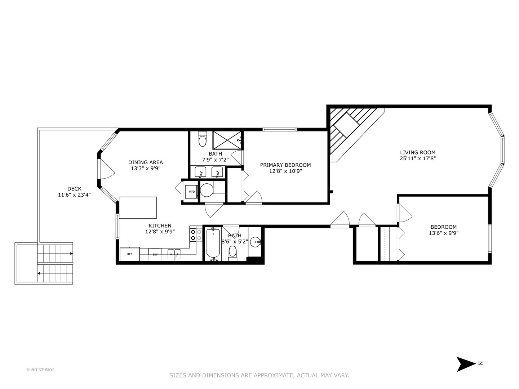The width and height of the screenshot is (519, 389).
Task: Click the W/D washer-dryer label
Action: tap(192, 192)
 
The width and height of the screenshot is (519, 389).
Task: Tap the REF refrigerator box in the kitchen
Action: tap(130, 254)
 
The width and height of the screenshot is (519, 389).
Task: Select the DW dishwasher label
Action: tap(155, 255)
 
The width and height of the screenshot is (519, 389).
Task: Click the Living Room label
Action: tap(418, 152)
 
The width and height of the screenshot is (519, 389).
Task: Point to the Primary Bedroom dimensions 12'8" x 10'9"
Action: tap(285, 171)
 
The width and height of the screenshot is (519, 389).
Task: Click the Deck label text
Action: tap(74, 189)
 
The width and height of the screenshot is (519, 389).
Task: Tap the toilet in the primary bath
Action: tap(203, 139)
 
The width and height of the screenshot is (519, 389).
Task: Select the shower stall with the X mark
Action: tap(227, 140)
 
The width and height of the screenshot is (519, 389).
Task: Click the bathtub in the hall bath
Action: tap(213, 244)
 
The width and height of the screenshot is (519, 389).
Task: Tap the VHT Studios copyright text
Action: tap(40, 370)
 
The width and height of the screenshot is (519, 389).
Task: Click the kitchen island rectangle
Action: tap(138, 207)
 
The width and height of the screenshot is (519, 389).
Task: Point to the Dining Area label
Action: tap(145, 162)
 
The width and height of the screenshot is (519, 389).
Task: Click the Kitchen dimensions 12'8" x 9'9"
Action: tap(160, 232)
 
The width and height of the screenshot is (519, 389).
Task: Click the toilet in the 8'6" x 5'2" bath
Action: tap(233, 253)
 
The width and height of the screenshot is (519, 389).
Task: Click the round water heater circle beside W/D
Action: tap(207, 190)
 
